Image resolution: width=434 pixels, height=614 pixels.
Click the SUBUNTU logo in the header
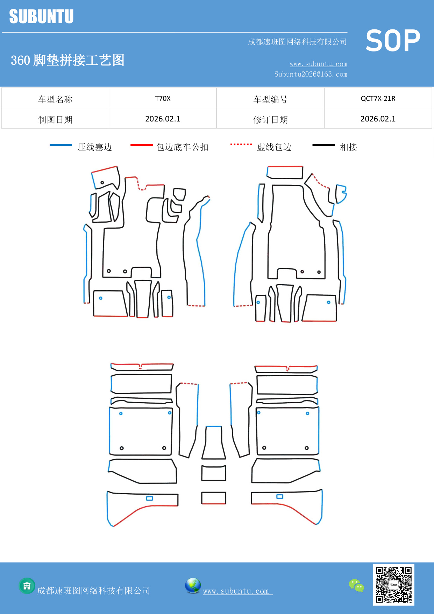(x=41, y=16)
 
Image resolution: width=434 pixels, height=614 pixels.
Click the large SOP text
(x=393, y=41)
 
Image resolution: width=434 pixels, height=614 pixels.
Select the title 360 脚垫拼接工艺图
(x=67, y=60)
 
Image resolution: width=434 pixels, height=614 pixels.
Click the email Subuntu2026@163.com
(x=311, y=74)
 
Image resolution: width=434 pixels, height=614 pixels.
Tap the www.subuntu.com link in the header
(x=318, y=64)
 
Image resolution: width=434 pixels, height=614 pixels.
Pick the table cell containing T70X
(x=163, y=98)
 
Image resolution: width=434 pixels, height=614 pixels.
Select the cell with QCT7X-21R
(x=378, y=98)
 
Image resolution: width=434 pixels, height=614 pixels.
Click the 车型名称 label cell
(x=55, y=99)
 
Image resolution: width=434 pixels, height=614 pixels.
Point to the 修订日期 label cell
(x=270, y=119)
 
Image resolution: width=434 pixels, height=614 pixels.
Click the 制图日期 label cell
(x=55, y=119)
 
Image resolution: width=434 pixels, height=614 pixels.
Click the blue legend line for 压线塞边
(x=61, y=145)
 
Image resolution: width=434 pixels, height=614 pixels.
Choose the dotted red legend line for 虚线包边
(x=241, y=144)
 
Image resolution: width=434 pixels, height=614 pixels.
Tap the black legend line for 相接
(x=323, y=145)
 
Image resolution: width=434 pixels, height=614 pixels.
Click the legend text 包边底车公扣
(x=182, y=147)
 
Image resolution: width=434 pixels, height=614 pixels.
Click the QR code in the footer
(x=393, y=585)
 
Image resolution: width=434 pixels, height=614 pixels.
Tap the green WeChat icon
(x=356, y=585)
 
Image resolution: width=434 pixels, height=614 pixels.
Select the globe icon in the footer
(x=193, y=586)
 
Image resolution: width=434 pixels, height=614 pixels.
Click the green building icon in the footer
(x=27, y=586)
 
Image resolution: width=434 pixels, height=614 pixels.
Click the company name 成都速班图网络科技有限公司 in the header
(x=297, y=42)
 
